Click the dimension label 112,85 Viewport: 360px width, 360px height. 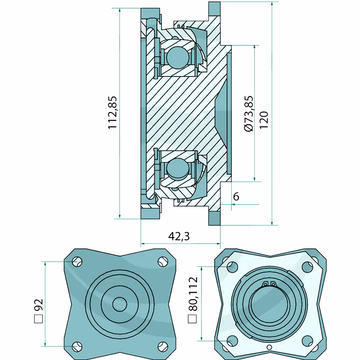[x=112, y=113]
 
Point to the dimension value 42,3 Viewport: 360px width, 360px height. [x=178, y=236]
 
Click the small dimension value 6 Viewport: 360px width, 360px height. [x=236, y=197]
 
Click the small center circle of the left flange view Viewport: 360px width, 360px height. [x=119, y=304]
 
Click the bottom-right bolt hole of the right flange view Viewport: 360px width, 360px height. [x=308, y=341]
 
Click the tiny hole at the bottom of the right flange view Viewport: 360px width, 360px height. [x=269, y=347]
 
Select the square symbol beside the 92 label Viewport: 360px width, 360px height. [x=38, y=320]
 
